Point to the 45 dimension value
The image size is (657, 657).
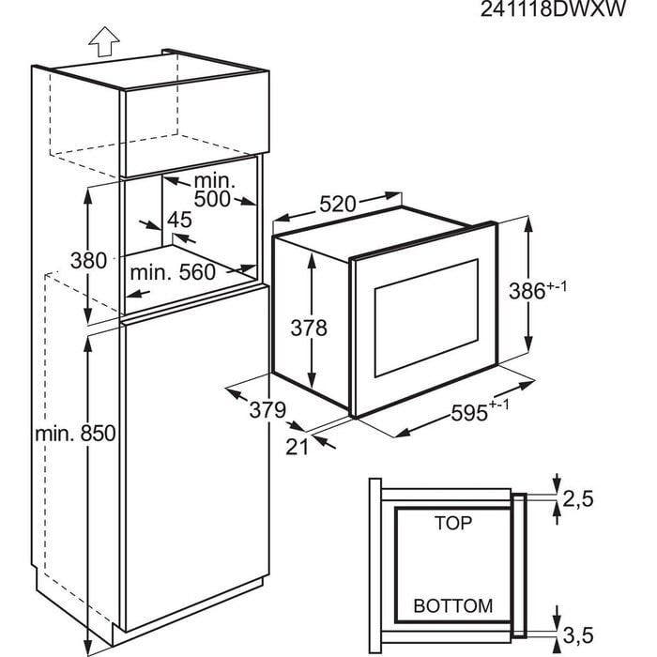click(x=178, y=221)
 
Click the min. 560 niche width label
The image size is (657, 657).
click(x=173, y=272)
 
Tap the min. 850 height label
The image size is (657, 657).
click(x=75, y=434)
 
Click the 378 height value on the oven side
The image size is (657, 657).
click(x=308, y=328)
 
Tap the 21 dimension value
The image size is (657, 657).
click(x=297, y=447)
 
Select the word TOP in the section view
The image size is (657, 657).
click(x=453, y=522)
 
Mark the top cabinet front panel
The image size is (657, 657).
click(x=192, y=126)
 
